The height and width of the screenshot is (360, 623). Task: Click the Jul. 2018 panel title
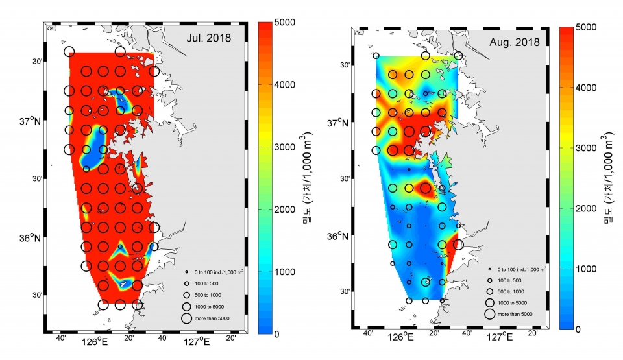coord(208,38)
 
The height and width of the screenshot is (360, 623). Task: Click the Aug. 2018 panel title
coord(515,42)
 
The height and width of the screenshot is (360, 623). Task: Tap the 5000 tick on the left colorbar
coord(285,23)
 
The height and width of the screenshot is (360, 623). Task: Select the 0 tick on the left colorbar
coord(277,334)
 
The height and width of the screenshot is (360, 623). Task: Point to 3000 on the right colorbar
coord(586,148)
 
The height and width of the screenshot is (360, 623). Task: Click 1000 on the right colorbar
coord(586,269)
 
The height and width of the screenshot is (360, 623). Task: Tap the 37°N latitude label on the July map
coord(31,121)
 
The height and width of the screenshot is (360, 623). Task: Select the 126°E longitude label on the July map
coord(95,341)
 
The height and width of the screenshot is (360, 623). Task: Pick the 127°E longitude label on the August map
coord(500,337)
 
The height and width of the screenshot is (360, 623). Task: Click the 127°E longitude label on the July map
coord(197,341)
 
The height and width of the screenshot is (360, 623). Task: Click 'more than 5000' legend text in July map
coord(212,318)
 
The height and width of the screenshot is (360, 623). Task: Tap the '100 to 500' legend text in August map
coord(509,280)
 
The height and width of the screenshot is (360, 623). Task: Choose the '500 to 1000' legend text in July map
coord(208,295)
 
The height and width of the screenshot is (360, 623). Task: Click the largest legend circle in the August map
coord(489,314)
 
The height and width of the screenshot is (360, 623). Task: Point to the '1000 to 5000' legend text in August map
coord(512,303)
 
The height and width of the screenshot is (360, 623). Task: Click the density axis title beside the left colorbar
coord(307,178)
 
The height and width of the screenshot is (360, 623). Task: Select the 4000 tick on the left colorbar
coord(285,84)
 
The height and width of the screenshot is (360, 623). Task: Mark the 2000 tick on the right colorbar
coord(586,209)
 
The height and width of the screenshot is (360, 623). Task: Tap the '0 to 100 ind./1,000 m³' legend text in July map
coord(219,272)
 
